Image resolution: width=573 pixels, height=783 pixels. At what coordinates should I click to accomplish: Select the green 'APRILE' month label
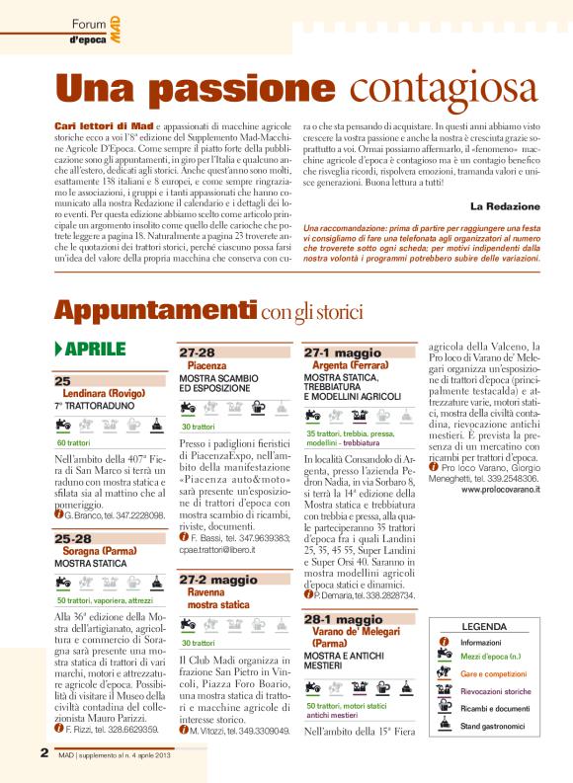[x=96, y=350]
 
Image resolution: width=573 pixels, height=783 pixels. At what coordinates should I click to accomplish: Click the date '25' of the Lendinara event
[x=62, y=381]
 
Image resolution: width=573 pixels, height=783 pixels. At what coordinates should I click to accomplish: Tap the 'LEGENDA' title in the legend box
[x=484, y=626]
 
